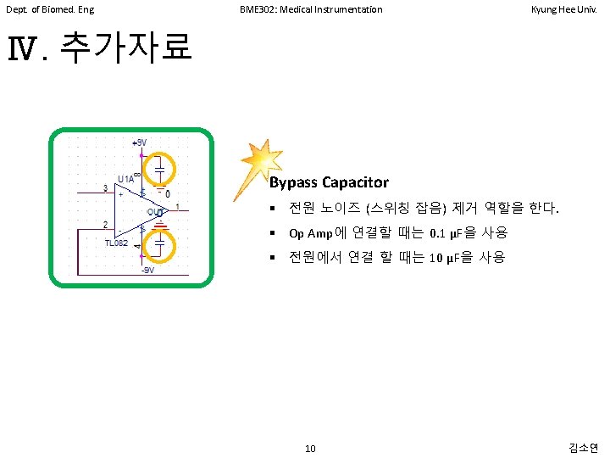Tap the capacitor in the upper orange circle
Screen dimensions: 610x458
pos(159,169)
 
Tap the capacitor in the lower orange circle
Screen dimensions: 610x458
pos(159,244)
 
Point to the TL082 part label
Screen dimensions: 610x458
pos(116,243)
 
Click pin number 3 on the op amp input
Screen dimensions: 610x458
pos(105,187)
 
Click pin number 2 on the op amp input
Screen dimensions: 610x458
pos(105,225)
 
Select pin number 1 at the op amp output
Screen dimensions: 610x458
pos(177,206)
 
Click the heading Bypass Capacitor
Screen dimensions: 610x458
pos(329,182)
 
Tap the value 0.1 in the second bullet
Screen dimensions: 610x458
pos(438,233)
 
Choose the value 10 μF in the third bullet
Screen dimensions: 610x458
pos(446,258)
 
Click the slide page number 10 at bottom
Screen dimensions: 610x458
pos(310,448)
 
